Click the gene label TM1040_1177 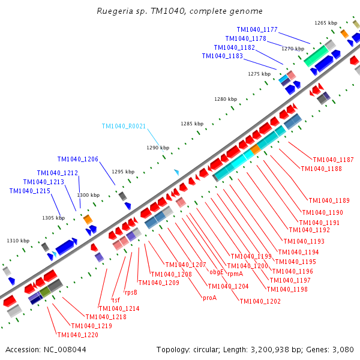257,29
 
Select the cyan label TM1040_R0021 124,127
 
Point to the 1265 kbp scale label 326,23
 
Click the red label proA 209,298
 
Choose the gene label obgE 216,272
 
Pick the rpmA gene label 235,274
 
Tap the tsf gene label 116,299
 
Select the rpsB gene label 130,293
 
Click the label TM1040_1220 77,335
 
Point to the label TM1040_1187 333,160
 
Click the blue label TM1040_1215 29,191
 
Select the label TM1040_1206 78,159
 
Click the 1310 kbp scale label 18,241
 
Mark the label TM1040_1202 260,301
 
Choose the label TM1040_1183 222,56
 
